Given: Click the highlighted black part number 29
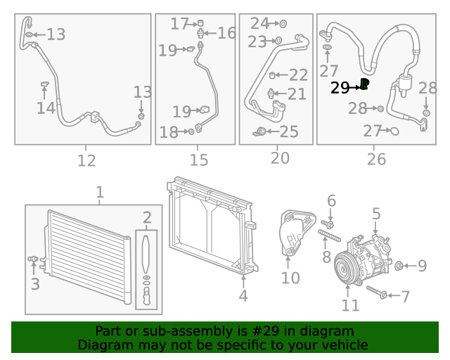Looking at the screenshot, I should (x=365, y=84).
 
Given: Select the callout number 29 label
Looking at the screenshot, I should (x=340, y=87).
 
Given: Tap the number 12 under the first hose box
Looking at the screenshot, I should (x=86, y=161).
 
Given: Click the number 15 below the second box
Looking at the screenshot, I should (x=199, y=161).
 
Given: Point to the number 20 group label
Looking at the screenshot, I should (x=280, y=159).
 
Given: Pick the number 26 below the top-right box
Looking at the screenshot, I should (x=376, y=160).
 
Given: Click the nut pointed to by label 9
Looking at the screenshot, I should (x=399, y=265).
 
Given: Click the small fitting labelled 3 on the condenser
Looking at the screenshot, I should (x=32, y=259).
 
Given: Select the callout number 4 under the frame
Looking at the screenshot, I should (x=243, y=296).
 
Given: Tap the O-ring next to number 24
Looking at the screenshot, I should (x=283, y=24).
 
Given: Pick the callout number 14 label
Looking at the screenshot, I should (x=46, y=108).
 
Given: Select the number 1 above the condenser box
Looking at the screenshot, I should (x=99, y=192).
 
